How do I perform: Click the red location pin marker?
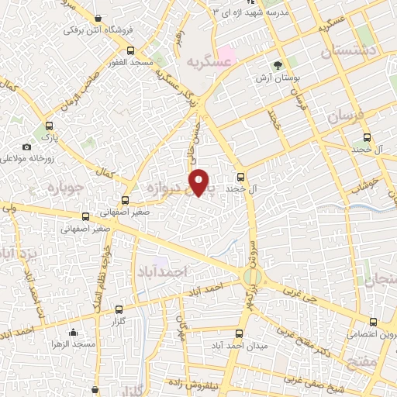pyautogui.click(x=200, y=181)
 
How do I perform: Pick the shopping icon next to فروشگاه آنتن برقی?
pyautogui.click(x=97, y=17)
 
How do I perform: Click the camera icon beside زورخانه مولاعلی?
pyautogui.click(x=27, y=147)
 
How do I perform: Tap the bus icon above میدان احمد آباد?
pyautogui.click(x=240, y=333)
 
